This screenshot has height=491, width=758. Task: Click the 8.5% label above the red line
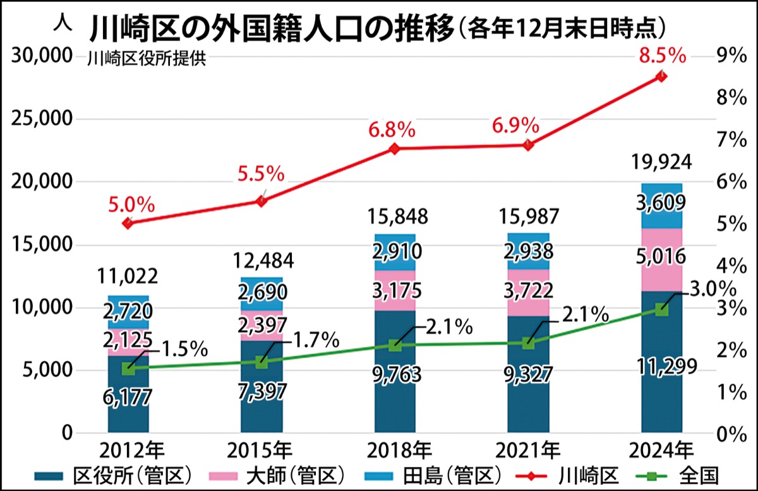662,56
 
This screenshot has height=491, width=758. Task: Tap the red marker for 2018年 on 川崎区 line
394,149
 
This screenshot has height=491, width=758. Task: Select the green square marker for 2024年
661,309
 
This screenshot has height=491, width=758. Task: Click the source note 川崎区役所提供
147,60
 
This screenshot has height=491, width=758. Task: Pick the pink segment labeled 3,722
528,290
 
